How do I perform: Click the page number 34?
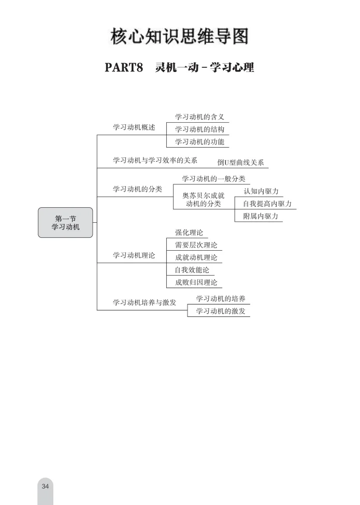coord(45,486)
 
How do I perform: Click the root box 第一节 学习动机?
coord(65,223)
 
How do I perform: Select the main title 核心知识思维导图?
coord(179,37)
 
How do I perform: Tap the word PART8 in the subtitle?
coord(123,68)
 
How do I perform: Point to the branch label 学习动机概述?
coord(134,127)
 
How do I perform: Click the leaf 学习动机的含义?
coord(199,117)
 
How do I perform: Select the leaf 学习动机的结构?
coord(199,129)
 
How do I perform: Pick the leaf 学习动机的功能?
coord(199,141)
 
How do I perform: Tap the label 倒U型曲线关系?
coord(240,163)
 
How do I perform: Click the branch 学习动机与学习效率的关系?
coord(155,161)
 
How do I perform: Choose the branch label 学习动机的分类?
coord(137,189)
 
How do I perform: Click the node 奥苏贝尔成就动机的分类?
coord(203,200)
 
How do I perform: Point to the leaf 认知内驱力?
coord(261,192)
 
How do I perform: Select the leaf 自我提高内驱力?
coord(267,204)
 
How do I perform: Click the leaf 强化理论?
coord(189,233)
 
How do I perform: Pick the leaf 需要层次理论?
coord(196,245)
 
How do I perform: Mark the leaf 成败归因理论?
coord(196,282)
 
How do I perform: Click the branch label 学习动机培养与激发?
coord(145,302)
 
